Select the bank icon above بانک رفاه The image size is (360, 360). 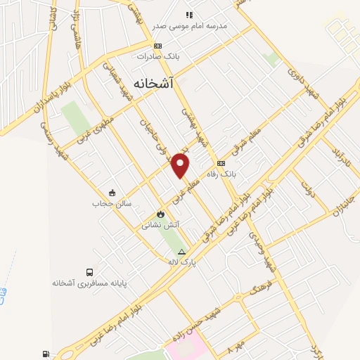221,163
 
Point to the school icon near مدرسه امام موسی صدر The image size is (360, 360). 188,15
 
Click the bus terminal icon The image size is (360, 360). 89,272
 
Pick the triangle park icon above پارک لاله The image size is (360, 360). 182,251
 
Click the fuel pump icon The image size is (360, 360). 46,354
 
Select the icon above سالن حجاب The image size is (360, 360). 111,193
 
